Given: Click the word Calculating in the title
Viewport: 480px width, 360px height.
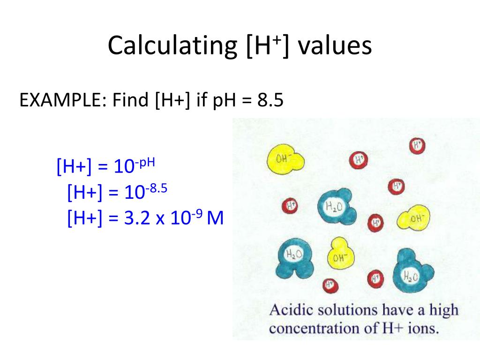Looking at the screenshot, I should [172, 46].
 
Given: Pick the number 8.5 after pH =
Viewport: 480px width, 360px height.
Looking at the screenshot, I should [270, 100].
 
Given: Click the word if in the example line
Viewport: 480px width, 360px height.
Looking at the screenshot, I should [202, 100].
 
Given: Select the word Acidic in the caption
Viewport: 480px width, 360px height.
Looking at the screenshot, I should [287, 310].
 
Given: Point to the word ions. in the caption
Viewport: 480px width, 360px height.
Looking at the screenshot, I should [424, 328].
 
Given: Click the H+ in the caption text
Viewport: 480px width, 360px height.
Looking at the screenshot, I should [387, 328].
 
